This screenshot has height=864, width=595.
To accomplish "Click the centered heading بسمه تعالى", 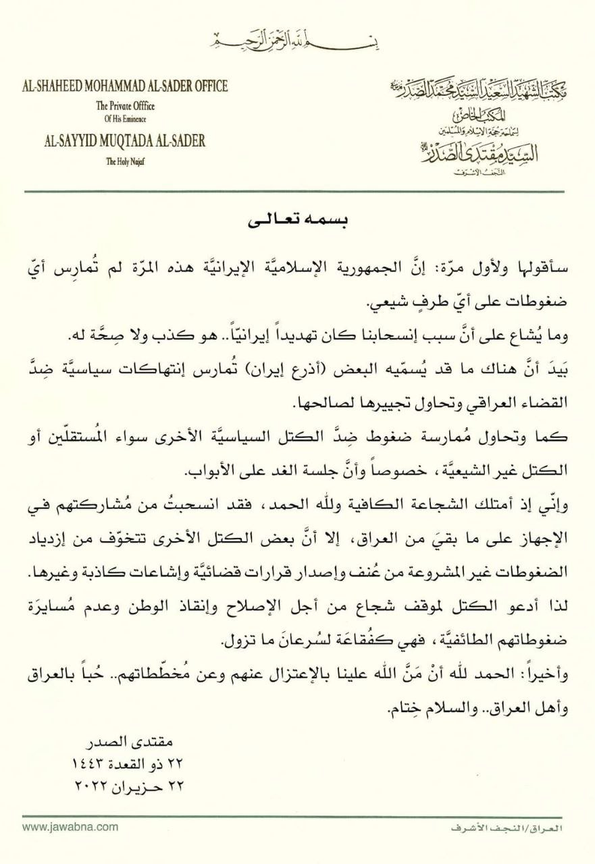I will tap(297, 221).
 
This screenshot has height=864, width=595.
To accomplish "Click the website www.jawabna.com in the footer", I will tap(70, 827).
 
